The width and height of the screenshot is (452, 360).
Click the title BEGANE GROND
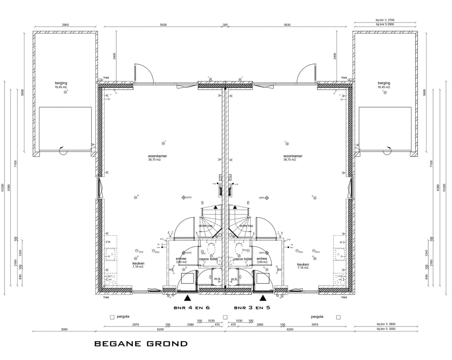click(141, 344)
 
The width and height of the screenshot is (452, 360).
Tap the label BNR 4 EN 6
click(191, 308)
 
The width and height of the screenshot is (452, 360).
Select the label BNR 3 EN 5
click(252, 308)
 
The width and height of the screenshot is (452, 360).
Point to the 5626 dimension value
click(163, 25)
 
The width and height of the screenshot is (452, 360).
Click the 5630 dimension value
click(287, 25)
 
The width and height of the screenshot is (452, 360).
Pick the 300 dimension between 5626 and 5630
click(225, 25)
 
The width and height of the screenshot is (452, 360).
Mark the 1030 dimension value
click(211, 321)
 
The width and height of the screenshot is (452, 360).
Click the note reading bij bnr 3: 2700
click(385, 20)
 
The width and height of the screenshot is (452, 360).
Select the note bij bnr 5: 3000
click(385, 329)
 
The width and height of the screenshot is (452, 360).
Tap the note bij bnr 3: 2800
click(385, 324)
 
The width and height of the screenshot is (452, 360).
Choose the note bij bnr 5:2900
click(385, 25)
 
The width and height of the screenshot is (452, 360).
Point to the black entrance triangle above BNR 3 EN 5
click(263, 298)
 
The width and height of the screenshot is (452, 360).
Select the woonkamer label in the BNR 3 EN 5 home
click(293, 156)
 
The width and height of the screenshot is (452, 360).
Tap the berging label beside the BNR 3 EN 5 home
click(383, 83)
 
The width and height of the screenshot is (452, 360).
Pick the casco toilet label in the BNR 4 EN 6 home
click(208, 259)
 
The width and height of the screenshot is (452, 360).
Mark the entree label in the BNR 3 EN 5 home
click(262, 259)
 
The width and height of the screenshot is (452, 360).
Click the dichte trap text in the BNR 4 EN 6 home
click(205, 226)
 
